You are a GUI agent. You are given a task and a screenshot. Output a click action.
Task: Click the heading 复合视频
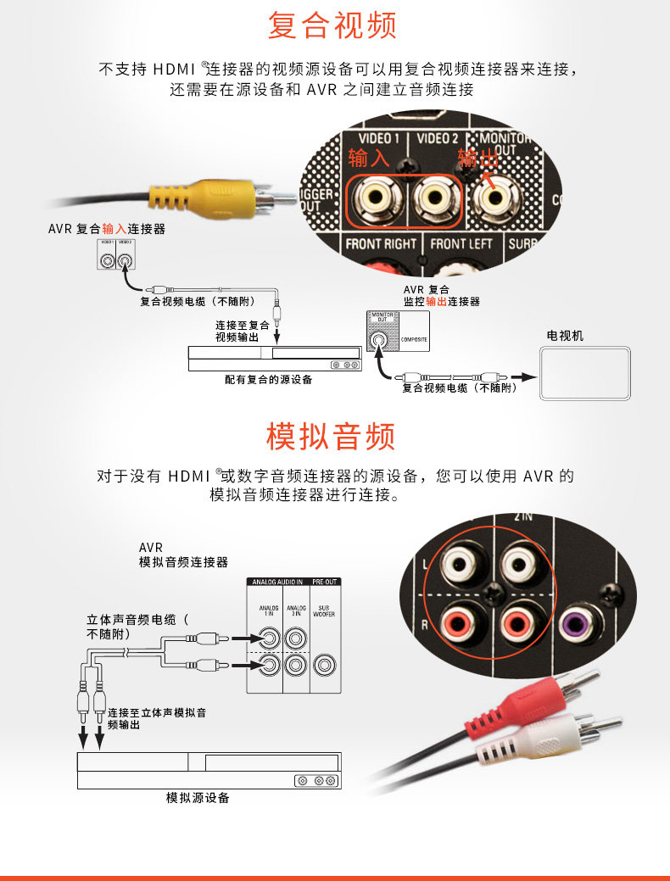(x=332, y=25)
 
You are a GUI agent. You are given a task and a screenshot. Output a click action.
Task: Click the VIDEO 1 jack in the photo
(x=375, y=198)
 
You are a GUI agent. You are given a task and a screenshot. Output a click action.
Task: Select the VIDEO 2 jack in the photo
(x=434, y=198)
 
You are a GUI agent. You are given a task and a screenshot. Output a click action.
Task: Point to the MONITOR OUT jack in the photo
(x=494, y=198)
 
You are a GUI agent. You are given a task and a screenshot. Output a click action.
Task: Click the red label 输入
(x=368, y=159)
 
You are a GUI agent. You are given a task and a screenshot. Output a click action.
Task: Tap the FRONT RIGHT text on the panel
(x=381, y=244)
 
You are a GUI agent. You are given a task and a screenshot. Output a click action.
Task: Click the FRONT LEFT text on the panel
(x=460, y=244)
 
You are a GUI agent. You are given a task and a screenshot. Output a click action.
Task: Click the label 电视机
(x=565, y=336)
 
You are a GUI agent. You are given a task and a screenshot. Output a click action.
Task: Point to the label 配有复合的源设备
(x=268, y=380)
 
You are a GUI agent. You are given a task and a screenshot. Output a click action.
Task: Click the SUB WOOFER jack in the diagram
(x=324, y=664)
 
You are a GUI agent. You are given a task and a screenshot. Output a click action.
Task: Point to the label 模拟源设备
(x=197, y=798)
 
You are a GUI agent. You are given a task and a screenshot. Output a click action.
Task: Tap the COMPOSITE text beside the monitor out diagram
(x=414, y=342)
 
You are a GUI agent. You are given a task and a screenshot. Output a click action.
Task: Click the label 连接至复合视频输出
(x=242, y=331)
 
